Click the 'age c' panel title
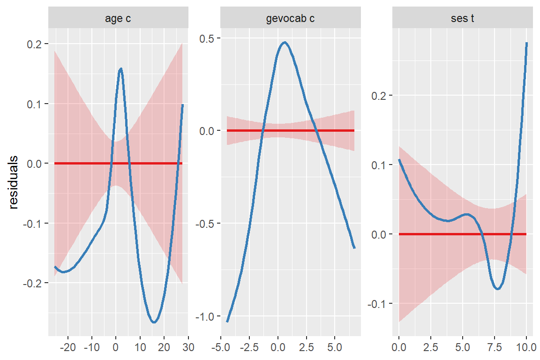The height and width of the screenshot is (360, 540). [x=118, y=19]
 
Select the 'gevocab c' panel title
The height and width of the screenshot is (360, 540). [x=290, y=19]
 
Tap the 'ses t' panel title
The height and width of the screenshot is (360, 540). [x=462, y=19]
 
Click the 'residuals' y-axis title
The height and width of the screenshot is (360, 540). [x=14, y=182]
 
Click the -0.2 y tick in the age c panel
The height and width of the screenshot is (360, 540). [x=32, y=283]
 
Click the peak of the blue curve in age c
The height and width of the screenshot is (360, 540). [x=121, y=68]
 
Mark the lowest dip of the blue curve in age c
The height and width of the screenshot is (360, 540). [x=154, y=322]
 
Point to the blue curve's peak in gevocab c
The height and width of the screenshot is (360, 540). [x=285, y=42]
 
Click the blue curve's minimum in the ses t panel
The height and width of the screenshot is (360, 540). [x=497, y=289]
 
